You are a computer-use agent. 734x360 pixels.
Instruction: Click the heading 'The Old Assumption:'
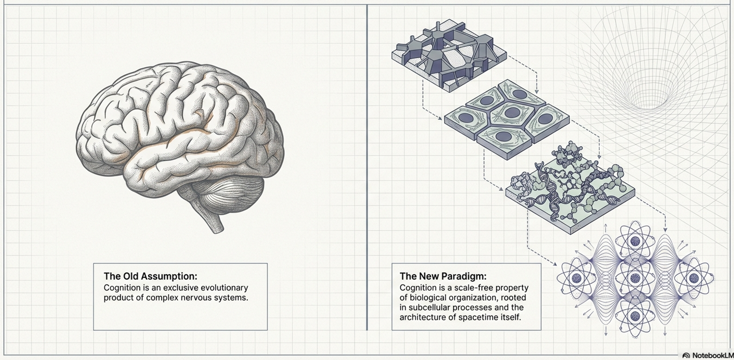150,276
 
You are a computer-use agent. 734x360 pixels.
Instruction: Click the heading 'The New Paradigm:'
443,276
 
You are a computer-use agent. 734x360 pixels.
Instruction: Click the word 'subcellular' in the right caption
427,307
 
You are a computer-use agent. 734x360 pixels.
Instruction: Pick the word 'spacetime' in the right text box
482,317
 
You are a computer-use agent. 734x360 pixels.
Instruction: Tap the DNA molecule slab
570,192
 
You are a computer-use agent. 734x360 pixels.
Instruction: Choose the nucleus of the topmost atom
634,240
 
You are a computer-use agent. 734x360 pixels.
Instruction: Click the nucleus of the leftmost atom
576,278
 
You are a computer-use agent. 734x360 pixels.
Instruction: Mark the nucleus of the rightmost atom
693,278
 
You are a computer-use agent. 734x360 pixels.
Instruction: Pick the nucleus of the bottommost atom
634,316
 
